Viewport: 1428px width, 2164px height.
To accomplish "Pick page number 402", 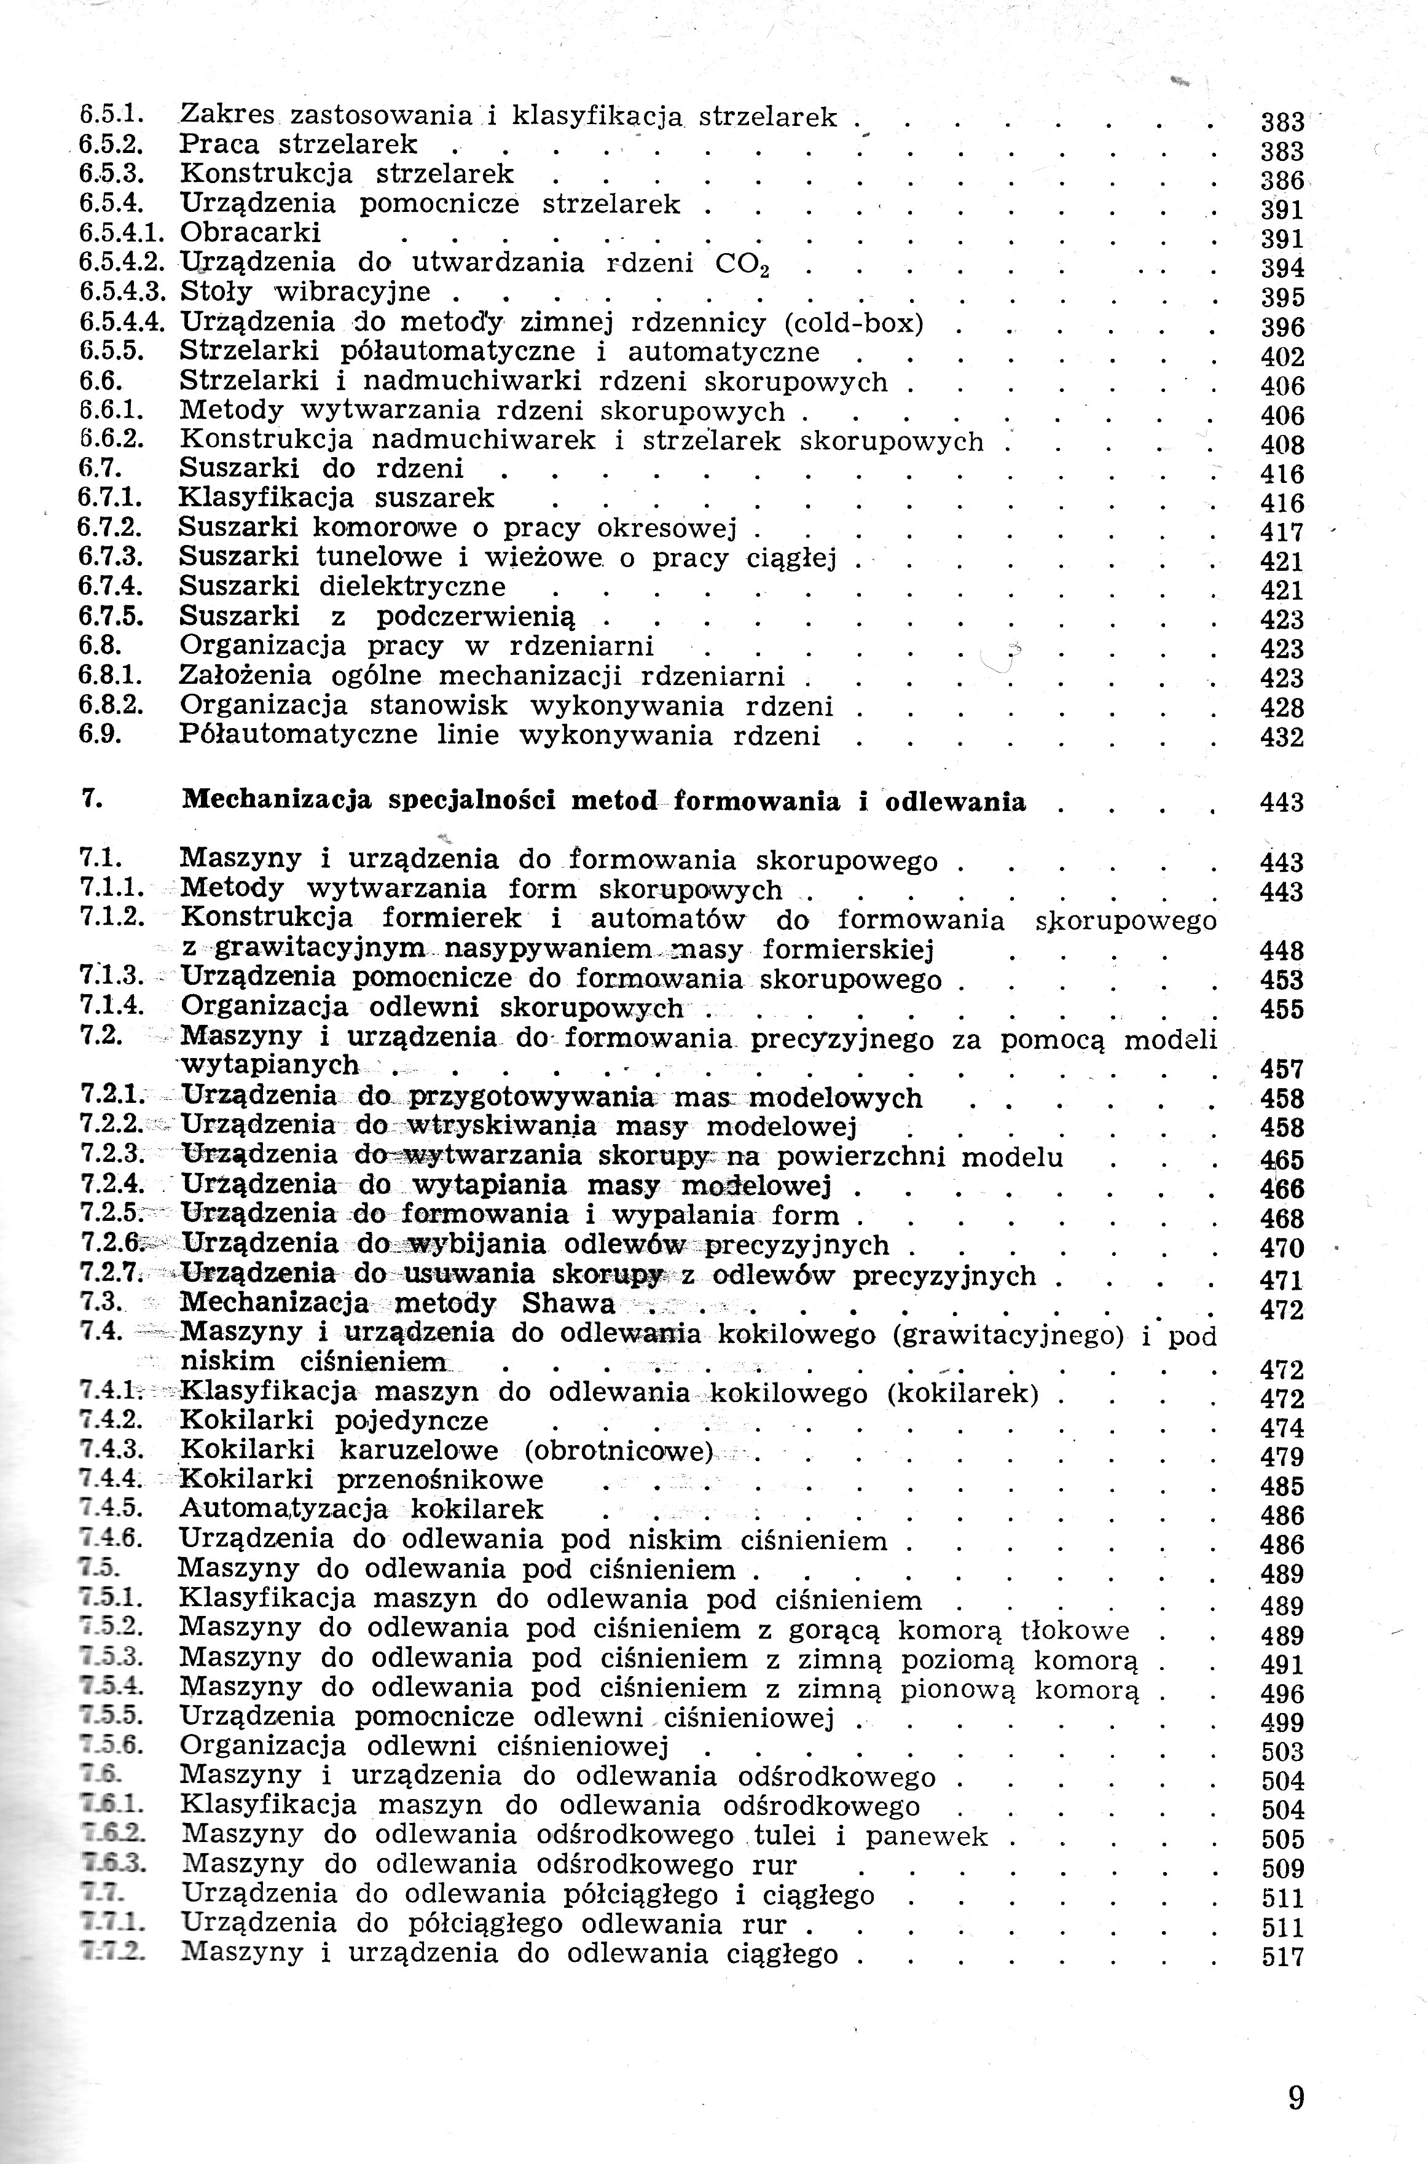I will [x=1282, y=356].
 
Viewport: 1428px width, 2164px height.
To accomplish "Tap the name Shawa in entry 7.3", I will [x=568, y=1304].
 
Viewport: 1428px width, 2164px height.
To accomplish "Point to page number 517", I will [x=1283, y=1956].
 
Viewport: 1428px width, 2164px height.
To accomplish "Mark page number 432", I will [x=1282, y=737].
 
